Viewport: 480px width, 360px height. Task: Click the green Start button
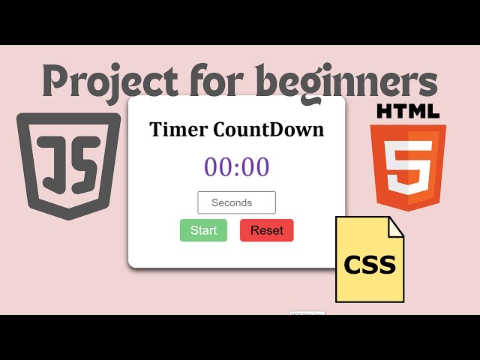203,230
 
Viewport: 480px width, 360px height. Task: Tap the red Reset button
266,230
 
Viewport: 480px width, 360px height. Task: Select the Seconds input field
236,202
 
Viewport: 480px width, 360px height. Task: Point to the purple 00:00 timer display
236,166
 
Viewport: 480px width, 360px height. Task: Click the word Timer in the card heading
179,129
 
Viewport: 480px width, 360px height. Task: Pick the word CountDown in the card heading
268,129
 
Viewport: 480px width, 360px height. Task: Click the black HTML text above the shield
408,112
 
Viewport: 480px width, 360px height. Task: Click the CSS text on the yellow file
370,265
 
